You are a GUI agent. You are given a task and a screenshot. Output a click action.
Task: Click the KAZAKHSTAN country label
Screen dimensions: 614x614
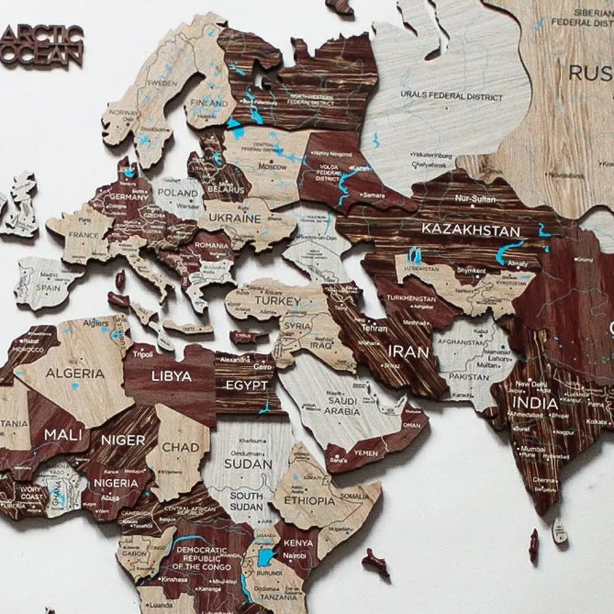tap(470, 231)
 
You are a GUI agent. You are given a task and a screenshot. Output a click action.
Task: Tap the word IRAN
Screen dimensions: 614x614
tap(408, 352)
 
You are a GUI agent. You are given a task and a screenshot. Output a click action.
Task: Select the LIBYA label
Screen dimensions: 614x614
tap(171, 376)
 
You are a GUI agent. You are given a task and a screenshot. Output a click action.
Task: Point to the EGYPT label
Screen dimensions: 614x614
tap(247, 386)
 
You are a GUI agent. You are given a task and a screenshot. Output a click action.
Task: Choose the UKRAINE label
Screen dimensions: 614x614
tap(234, 219)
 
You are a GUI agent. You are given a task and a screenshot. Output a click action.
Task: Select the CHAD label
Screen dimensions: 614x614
tap(181, 447)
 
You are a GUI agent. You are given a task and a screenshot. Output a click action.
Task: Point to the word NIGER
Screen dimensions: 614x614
tap(123, 440)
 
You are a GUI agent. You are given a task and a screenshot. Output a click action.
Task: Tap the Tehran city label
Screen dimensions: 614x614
tap(374, 328)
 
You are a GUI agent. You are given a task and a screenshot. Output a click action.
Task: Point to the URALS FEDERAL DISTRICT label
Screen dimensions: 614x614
tap(451, 96)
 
